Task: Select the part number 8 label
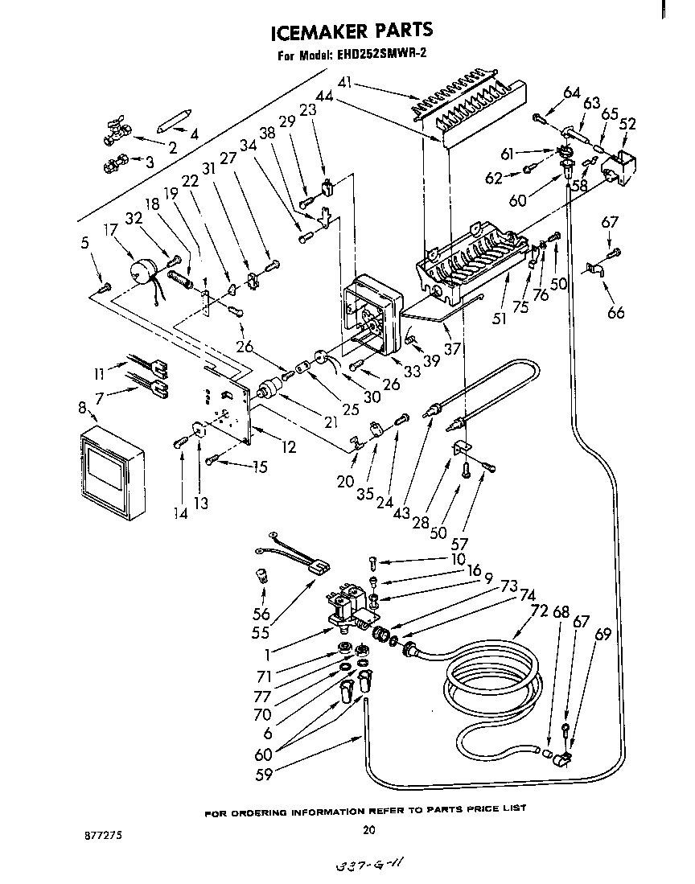click(x=82, y=408)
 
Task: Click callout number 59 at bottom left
click(x=263, y=775)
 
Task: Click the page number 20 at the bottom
click(x=369, y=829)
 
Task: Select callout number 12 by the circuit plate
click(x=287, y=447)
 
